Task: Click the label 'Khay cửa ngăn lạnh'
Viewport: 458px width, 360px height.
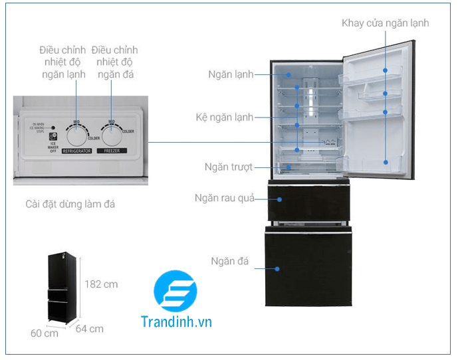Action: [x=385, y=23]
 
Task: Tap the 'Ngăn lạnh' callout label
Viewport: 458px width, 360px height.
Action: [x=231, y=74]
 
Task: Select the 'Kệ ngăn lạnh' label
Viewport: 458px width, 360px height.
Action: [x=224, y=118]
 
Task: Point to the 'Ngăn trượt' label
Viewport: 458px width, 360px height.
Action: [x=229, y=167]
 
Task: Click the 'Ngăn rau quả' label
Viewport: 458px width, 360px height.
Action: [x=225, y=199]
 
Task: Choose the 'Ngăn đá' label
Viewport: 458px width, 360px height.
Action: [x=229, y=261]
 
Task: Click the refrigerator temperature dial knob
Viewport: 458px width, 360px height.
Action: [x=77, y=134]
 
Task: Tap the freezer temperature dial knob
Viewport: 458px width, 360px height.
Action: [x=113, y=134]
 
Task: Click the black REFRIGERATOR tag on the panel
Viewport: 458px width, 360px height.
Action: [x=76, y=151]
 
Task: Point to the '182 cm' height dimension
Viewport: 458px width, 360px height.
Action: [x=101, y=284]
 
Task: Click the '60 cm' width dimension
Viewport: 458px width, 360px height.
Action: [x=45, y=333]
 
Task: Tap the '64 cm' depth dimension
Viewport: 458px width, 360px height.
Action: [x=90, y=328]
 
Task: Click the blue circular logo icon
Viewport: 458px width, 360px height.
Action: [x=175, y=292]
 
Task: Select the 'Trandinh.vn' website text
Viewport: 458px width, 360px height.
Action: [x=176, y=322]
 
